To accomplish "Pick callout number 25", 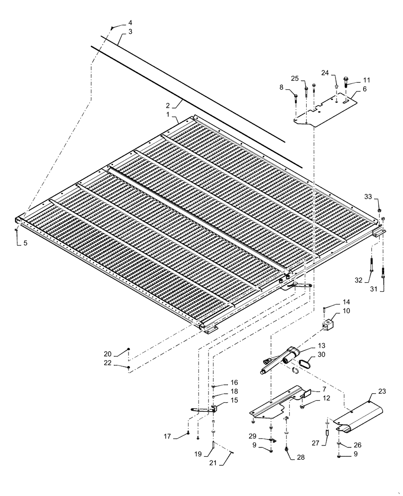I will coord(294,79).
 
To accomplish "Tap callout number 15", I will coord(220,400).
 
